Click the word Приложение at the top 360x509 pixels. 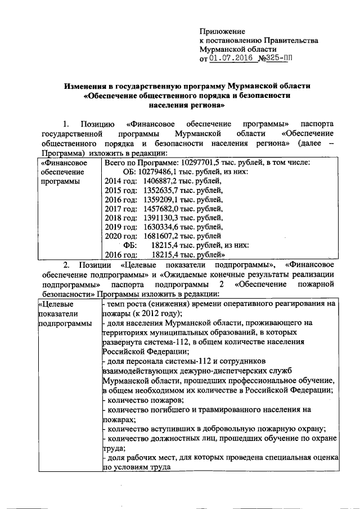click(223, 31)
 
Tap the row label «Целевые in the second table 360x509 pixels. click(56, 304)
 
